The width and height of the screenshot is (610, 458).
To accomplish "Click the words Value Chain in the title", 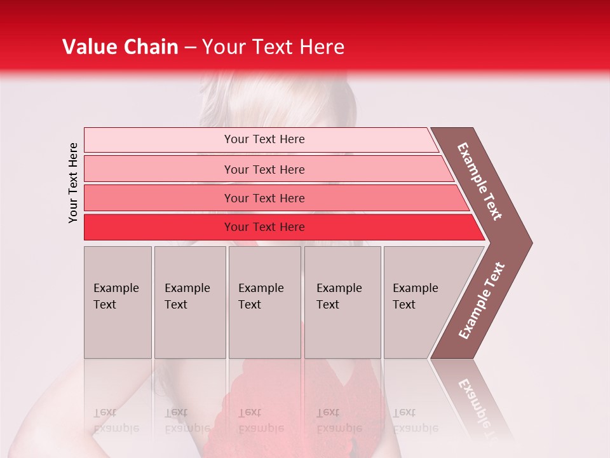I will pos(120,47).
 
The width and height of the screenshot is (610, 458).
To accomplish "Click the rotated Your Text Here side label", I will pos(73,183).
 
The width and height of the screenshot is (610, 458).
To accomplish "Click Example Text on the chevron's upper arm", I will pos(480,181).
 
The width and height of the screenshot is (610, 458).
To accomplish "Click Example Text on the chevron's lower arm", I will pos(482,301).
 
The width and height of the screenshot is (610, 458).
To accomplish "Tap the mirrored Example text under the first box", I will pos(116,420).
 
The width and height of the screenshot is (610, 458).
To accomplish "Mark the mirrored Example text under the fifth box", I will pos(415,420).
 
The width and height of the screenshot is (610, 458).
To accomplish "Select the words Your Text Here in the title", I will pos(273,47).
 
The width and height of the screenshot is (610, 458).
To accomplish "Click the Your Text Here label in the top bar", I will pos(264,139).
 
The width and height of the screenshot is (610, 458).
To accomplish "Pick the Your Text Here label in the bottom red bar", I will pos(264,227).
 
